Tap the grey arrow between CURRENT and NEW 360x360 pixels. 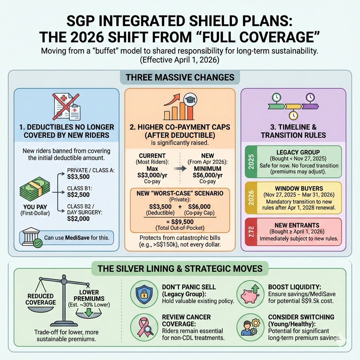(180, 169)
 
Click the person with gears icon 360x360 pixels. (250, 327)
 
